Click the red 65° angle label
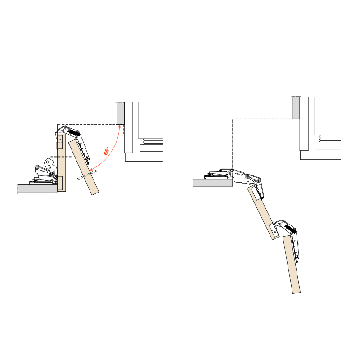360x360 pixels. point(106,151)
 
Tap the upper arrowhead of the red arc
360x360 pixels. point(119,127)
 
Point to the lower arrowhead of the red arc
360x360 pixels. point(91,170)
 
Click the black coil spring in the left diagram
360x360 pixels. point(74,132)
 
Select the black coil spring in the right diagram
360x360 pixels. point(290,229)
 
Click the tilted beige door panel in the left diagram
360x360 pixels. point(84,167)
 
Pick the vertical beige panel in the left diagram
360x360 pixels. point(62,162)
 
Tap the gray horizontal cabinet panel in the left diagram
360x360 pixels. point(38,188)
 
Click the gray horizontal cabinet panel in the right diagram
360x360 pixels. point(213,183)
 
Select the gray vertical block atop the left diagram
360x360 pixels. point(121,113)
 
